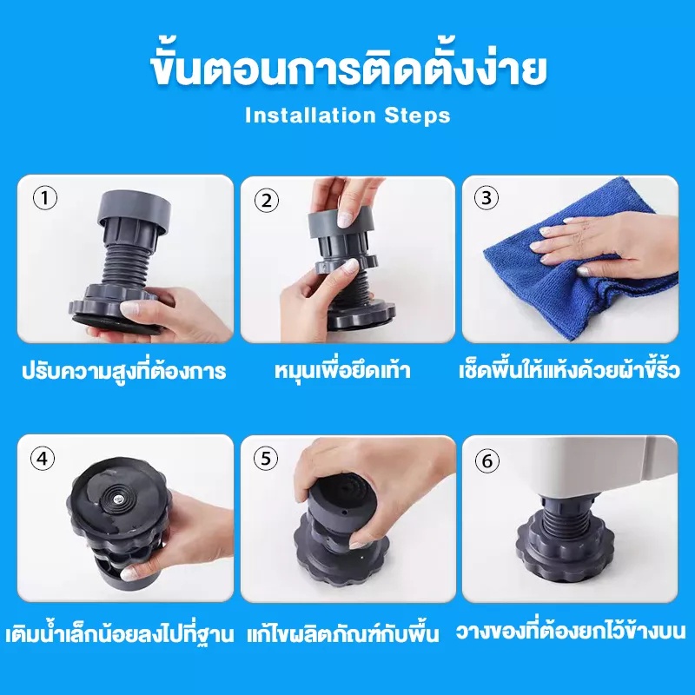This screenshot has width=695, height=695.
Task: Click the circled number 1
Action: (x=45, y=198)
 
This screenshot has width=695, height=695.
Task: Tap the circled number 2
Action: (x=267, y=201)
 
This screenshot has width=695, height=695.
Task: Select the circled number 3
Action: (x=486, y=198)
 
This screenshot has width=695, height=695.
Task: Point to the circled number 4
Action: (x=43, y=458)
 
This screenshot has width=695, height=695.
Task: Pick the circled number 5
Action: (x=266, y=459)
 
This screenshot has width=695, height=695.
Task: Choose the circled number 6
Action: (x=487, y=461)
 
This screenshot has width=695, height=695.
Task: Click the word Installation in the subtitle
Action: (x=310, y=116)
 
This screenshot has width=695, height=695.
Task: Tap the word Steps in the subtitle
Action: (x=417, y=116)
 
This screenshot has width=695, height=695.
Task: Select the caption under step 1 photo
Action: (x=124, y=370)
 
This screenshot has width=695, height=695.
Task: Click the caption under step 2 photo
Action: (x=342, y=370)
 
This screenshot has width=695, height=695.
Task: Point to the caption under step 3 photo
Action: (x=569, y=369)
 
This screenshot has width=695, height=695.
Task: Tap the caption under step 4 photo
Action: (x=120, y=632)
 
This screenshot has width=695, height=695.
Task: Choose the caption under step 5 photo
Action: (x=342, y=632)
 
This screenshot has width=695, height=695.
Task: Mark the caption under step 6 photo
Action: (x=571, y=631)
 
